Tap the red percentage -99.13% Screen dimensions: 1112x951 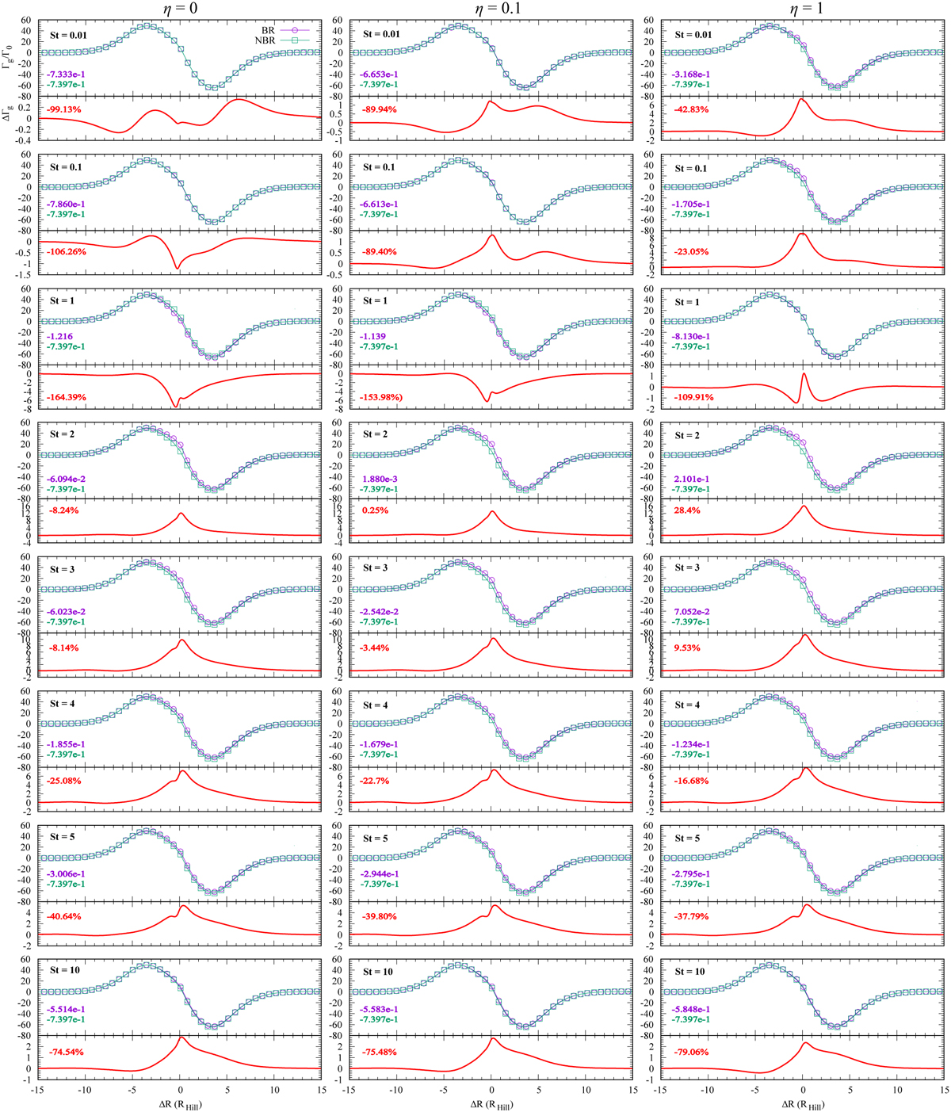pos(65,109)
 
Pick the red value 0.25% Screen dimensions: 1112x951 pos(375,510)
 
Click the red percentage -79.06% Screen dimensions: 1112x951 pos(691,1053)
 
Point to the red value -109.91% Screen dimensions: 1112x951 pos(693,397)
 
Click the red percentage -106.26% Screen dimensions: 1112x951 pos(68,252)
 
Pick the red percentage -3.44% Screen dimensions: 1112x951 pos(378,648)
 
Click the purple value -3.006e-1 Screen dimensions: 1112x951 pos(67,873)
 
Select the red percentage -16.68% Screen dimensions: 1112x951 pos(691,781)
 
